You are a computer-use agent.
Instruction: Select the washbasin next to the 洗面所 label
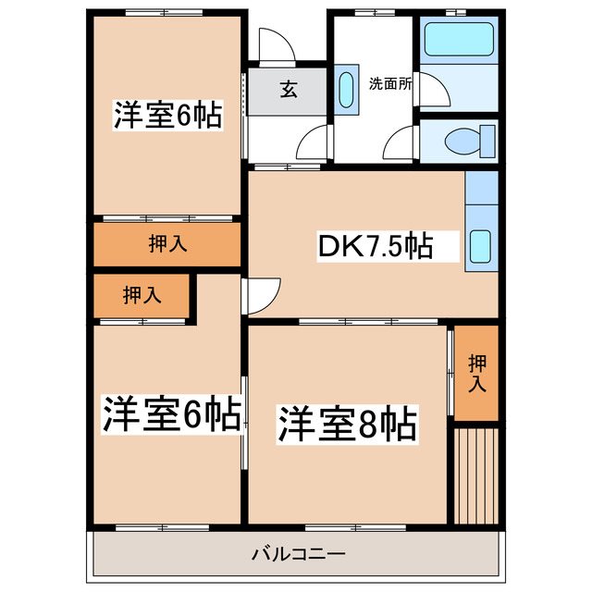click(346, 90)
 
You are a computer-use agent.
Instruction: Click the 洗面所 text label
click(390, 83)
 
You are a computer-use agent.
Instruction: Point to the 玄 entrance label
click(289, 91)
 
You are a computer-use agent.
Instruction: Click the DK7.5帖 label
click(376, 246)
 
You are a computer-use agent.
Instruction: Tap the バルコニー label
click(298, 555)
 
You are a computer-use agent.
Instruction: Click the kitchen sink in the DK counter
click(482, 247)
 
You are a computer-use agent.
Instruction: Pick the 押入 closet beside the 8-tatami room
click(476, 373)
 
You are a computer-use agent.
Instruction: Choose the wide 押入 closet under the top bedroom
click(167, 244)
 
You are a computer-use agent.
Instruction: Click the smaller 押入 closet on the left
click(142, 296)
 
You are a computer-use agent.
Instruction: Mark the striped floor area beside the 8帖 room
click(476, 475)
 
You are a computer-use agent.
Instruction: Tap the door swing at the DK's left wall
click(263, 294)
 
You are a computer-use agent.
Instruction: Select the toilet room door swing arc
click(401, 144)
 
